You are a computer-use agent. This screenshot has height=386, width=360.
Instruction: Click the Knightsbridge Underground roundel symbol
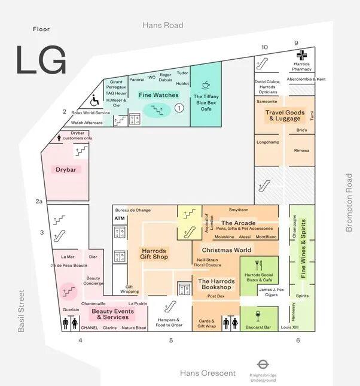(x=262, y=364)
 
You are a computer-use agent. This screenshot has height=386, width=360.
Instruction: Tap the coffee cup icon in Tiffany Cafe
(x=206, y=85)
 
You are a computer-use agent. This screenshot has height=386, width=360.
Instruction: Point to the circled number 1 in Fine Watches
(x=178, y=108)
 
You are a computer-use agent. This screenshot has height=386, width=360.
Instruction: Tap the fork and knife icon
(x=258, y=264)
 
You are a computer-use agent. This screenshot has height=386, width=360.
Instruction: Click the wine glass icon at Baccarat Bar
(x=258, y=315)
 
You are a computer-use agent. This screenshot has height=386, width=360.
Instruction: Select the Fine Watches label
(x=158, y=95)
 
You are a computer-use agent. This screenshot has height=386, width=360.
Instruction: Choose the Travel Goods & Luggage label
(x=285, y=116)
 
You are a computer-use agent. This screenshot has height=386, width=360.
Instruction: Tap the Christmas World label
(x=226, y=250)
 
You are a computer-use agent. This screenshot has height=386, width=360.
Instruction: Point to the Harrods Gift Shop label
(x=154, y=254)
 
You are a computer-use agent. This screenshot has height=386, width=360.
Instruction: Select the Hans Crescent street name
(x=208, y=373)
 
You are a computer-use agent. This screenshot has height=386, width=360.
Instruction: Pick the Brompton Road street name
(x=350, y=203)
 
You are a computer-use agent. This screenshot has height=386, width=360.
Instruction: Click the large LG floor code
(x=41, y=60)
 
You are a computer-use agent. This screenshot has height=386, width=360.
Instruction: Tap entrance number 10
(x=264, y=46)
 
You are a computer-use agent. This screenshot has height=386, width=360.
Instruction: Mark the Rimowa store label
(x=301, y=151)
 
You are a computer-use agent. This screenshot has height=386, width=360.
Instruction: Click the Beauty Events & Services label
(x=112, y=314)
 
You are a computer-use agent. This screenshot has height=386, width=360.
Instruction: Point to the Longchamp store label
(x=267, y=142)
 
